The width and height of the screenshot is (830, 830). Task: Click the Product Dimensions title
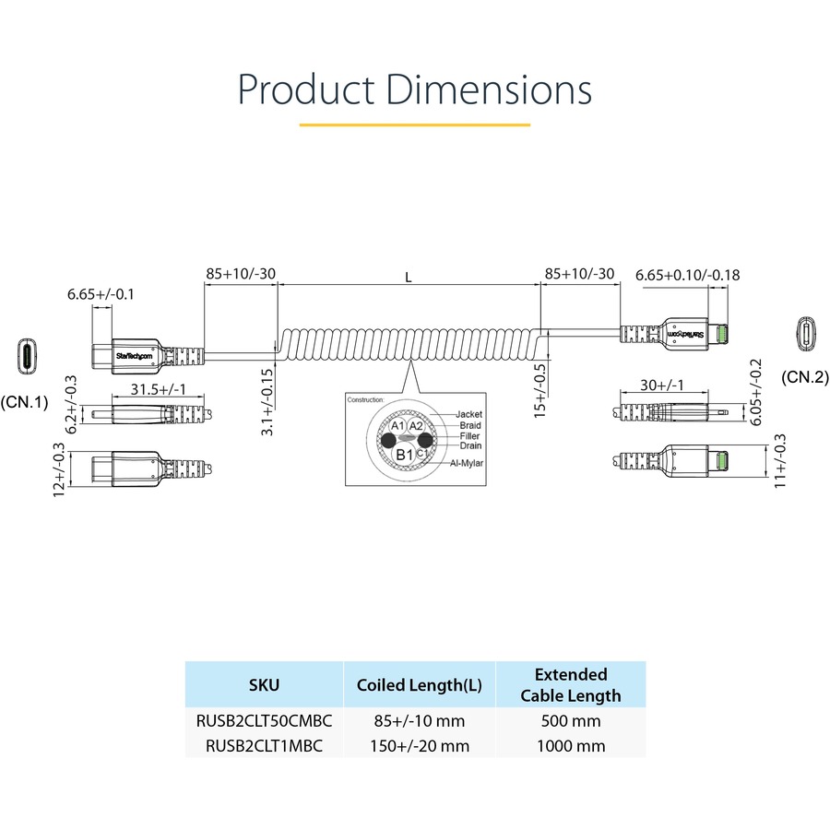415,89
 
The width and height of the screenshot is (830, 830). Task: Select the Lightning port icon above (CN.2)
806,334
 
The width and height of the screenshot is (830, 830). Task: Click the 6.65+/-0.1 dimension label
101,295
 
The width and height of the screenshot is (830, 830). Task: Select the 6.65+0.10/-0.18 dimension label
688,275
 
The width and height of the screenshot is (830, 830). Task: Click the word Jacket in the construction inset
468,414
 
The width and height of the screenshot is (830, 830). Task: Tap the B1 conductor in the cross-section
404,454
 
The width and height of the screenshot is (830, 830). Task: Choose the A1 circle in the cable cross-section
397,426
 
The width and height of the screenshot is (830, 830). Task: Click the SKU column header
264,684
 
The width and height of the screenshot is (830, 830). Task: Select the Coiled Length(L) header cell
420,684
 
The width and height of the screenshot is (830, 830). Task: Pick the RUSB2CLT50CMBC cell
264,721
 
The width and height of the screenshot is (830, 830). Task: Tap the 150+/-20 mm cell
420,745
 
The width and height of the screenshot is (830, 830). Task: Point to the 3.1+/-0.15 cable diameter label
267,402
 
